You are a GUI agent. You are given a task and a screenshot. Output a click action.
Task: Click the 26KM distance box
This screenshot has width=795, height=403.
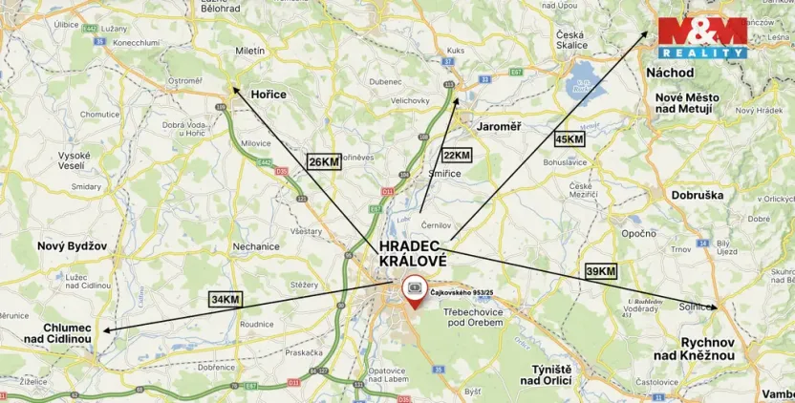pos(323,161)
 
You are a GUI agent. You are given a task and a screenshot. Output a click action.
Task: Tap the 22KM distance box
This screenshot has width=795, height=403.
pos(456,155)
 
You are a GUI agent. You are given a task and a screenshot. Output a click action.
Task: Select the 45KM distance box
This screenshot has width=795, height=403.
pos(569,139)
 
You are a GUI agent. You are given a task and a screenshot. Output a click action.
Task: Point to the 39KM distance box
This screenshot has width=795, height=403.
pos(599,272)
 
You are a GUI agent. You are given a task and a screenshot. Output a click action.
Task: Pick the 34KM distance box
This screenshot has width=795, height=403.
pos(226,299)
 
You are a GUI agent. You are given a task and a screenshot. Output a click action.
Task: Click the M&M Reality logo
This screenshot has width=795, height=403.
pos(702,38)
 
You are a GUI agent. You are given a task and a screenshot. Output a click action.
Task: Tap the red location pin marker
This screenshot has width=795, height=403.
pos(415,290)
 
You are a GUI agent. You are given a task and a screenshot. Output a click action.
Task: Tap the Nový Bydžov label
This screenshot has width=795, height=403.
pos(73,245)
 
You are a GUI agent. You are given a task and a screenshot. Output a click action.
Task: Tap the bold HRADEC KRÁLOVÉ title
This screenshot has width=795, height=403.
pos(413,253)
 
